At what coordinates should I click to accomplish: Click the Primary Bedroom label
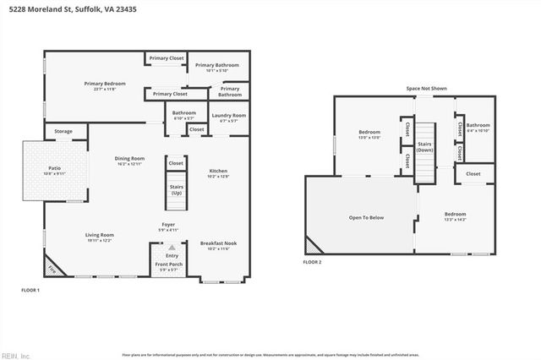(99, 85)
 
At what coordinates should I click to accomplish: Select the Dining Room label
(130, 160)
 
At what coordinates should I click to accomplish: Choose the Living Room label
(100, 237)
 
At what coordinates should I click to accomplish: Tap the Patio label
(54, 170)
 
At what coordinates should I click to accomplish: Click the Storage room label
(63, 132)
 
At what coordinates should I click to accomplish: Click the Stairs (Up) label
(177, 189)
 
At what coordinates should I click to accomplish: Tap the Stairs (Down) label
(425, 146)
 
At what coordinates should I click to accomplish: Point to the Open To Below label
(366, 217)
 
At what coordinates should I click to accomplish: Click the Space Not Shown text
(426, 88)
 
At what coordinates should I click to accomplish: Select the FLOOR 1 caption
(30, 290)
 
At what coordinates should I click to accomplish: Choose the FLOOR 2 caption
(312, 262)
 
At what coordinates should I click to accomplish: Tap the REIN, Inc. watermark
(15, 354)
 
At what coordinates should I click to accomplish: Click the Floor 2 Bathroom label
(478, 128)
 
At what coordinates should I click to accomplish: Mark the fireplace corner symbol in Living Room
(52, 268)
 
